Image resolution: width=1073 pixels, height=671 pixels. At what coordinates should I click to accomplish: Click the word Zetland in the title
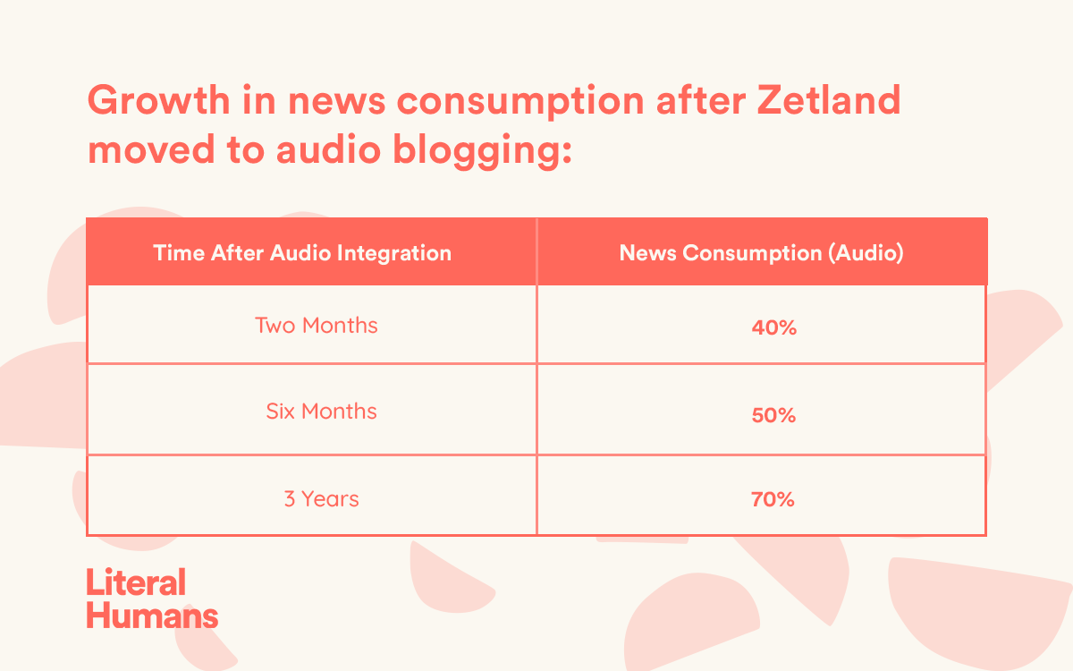[x=829, y=100]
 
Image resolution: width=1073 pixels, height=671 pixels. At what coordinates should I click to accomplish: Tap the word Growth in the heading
[x=158, y=100]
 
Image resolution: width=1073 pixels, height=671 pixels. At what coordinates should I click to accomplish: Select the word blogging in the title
[x=482, y=151]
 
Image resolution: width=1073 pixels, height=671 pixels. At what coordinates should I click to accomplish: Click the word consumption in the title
[x=520, y=103]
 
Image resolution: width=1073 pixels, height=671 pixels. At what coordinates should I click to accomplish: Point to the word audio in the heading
[x=328, y=149]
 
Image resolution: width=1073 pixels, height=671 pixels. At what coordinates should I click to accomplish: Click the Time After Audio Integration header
[x=302, y=253]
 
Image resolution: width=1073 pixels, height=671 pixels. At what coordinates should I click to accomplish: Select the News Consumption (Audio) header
[x=762, y=253]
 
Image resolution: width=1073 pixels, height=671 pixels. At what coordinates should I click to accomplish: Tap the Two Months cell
[x=317, y=326]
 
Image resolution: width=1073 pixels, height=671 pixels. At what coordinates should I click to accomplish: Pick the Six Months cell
[x=321, y=412]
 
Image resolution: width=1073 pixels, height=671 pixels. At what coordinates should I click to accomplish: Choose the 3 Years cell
[x=321, y=499]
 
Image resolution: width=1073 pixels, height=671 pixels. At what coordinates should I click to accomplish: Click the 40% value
[x=774, y=327]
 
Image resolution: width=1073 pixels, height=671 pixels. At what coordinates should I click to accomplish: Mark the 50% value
[x=773, y=415]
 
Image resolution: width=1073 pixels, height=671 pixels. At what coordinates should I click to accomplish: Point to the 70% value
[x=773, y=499]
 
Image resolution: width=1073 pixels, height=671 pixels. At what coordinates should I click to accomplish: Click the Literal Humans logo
[x=152, y=599]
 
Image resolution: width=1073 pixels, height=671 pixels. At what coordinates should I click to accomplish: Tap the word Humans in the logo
[x=152, y=616]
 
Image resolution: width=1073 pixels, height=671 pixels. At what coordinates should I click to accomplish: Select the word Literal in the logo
[x=136, y=582]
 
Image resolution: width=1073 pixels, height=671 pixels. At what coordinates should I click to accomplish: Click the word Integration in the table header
[x=394, y=253]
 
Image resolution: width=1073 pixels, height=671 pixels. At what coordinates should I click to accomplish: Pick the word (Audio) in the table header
[x=866, y=253]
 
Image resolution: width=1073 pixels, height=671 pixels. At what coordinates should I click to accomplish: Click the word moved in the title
[x=151, y=149]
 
